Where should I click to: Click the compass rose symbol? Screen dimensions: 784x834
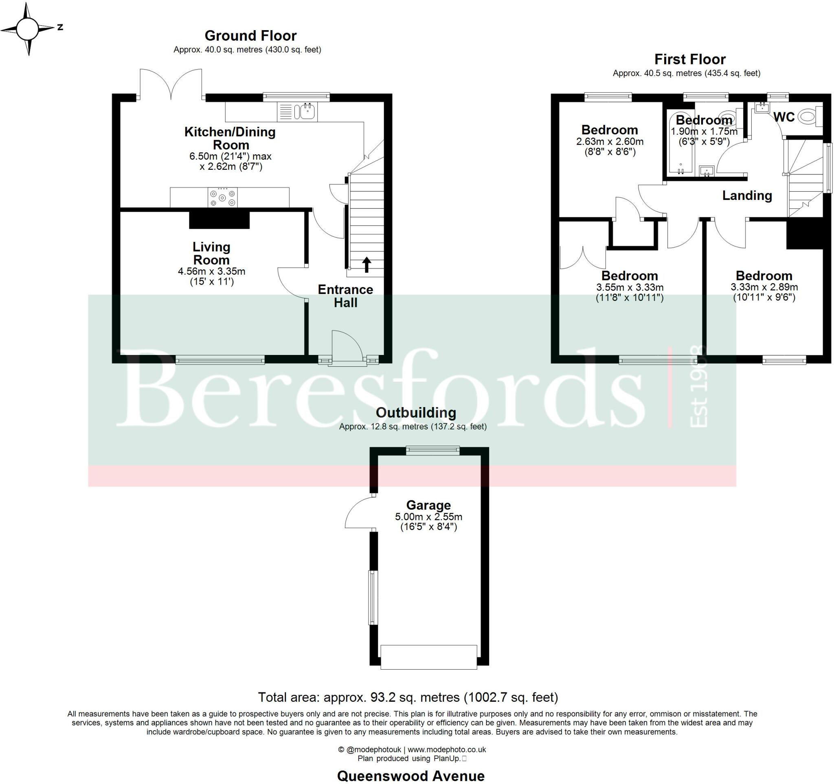tap(28, 28)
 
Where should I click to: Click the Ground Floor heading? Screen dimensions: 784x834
tap(250, 36)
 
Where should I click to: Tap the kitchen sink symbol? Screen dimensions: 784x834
tap(305, 112)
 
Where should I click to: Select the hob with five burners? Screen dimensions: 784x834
tap(222, 197)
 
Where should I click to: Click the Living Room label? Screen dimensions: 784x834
tap(211, 253)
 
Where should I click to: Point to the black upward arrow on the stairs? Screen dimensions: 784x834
tap(366, 265)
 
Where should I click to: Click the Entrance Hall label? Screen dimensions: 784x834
tap(345, 296)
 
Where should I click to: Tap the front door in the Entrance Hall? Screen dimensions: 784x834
tap(347, 346)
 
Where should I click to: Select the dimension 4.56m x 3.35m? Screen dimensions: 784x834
tap(211, 271)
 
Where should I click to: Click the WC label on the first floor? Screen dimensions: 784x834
tap(784, 117)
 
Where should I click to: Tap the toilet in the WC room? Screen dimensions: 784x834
tap(808, 116)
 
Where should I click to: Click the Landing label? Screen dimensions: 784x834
tap(747, 195)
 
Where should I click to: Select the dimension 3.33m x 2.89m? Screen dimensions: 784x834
tap(764, 287)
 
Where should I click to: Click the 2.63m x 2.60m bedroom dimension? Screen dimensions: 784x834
tap(610, 142)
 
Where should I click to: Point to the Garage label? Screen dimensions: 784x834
tap(428, 505)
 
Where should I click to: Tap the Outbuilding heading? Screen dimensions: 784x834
tap(416, 412)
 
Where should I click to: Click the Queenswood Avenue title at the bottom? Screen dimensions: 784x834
tap(411, 775)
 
